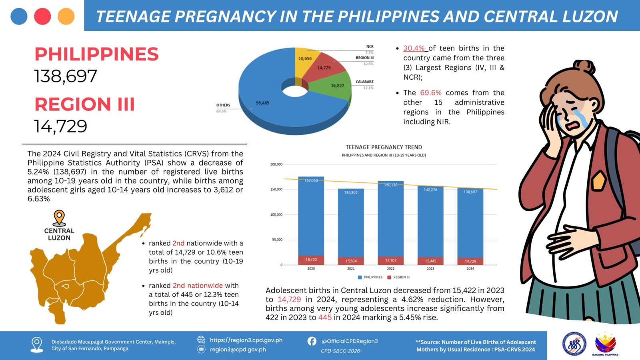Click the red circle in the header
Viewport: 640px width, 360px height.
coord(42,16)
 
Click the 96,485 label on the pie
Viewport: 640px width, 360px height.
coord(262,103)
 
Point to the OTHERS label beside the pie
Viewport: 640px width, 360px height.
coord(223,105)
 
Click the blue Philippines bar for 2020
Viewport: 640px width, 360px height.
coord(311,216)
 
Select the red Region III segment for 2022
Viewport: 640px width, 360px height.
coord(390,260)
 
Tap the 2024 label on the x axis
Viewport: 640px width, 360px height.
coord(470,269)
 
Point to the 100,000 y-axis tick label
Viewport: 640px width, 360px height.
coord(276,215)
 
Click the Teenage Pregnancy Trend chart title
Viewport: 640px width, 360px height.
coord(384,147)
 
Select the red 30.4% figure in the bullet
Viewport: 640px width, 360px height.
coord(414,48)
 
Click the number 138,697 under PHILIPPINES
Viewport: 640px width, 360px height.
coord(66,76)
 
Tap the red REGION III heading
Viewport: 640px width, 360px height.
coord(84,104)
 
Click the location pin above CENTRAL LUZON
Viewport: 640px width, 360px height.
coord(59,218)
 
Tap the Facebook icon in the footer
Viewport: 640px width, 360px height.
coord(312,341)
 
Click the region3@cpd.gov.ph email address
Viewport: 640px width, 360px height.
coord(238,350)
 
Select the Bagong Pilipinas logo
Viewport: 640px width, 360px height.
coord(605,344)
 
